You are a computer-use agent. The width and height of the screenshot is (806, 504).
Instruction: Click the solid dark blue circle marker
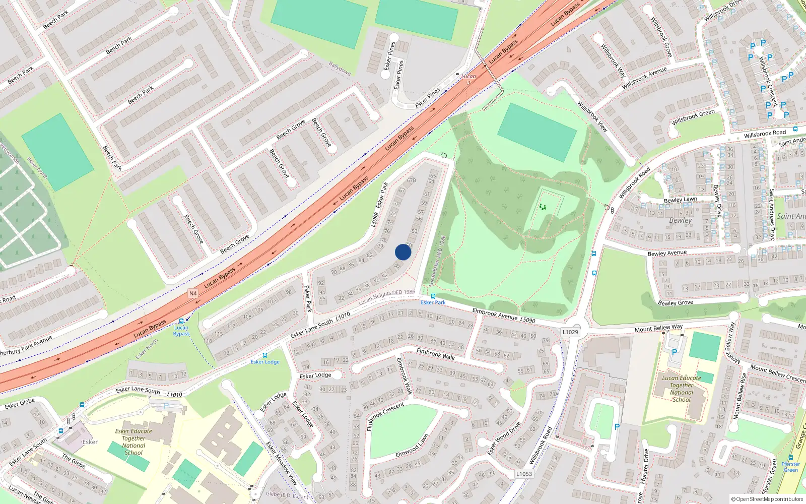tap(403, 252)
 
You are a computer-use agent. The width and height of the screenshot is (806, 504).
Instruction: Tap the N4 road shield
tap(193, 293)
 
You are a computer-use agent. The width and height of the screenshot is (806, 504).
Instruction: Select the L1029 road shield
tap(570, 332)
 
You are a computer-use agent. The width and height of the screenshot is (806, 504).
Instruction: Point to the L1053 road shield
tap(524, 474)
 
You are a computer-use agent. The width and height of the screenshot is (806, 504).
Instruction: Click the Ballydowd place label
tap(340, 68)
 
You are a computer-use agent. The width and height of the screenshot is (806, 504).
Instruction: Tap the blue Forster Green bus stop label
tap(790, 467)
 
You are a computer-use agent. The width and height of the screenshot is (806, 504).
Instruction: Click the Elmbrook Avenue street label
tap(495, 314)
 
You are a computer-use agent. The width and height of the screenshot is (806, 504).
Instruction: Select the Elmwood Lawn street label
tap(412, 447)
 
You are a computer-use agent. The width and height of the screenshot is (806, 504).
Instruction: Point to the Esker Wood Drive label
tap(504, 438)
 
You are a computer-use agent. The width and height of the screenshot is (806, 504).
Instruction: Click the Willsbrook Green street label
tap(693, 117)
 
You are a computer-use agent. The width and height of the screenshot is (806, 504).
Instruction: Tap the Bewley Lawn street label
tap(680, 200)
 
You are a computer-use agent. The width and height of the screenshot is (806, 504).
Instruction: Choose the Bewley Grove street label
tap(676, 303)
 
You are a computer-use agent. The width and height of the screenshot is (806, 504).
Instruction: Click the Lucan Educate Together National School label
tap(682, 389)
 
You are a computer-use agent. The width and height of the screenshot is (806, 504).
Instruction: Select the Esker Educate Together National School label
tap(133, 442)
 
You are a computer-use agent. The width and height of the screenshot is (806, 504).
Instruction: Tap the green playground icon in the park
tap(543, 207)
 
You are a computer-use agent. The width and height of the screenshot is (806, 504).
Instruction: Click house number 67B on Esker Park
tap(412, 180)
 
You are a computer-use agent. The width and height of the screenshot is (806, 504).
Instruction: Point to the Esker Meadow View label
tap(282, 463)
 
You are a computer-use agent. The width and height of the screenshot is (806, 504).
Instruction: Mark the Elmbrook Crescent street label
tap(385, 416)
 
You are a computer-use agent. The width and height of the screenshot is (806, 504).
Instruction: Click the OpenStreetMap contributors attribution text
tap(767, 499)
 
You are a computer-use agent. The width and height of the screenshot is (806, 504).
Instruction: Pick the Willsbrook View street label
tap(592, 116)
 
